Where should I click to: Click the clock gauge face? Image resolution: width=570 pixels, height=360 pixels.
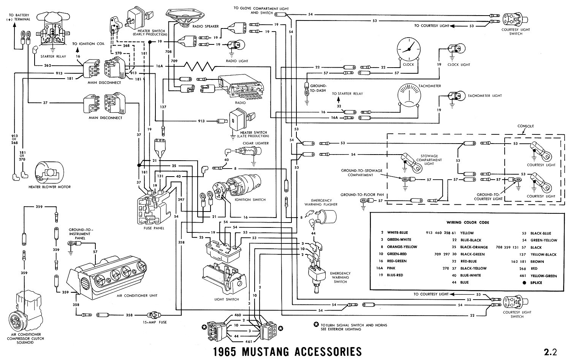pyautogui.click(x=409, y=50)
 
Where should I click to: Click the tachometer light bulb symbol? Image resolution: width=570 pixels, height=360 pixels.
pyautogui.click(x=454, y=96)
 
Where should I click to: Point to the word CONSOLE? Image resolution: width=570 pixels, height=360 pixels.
pyautogui.click(x=526, y=126)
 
